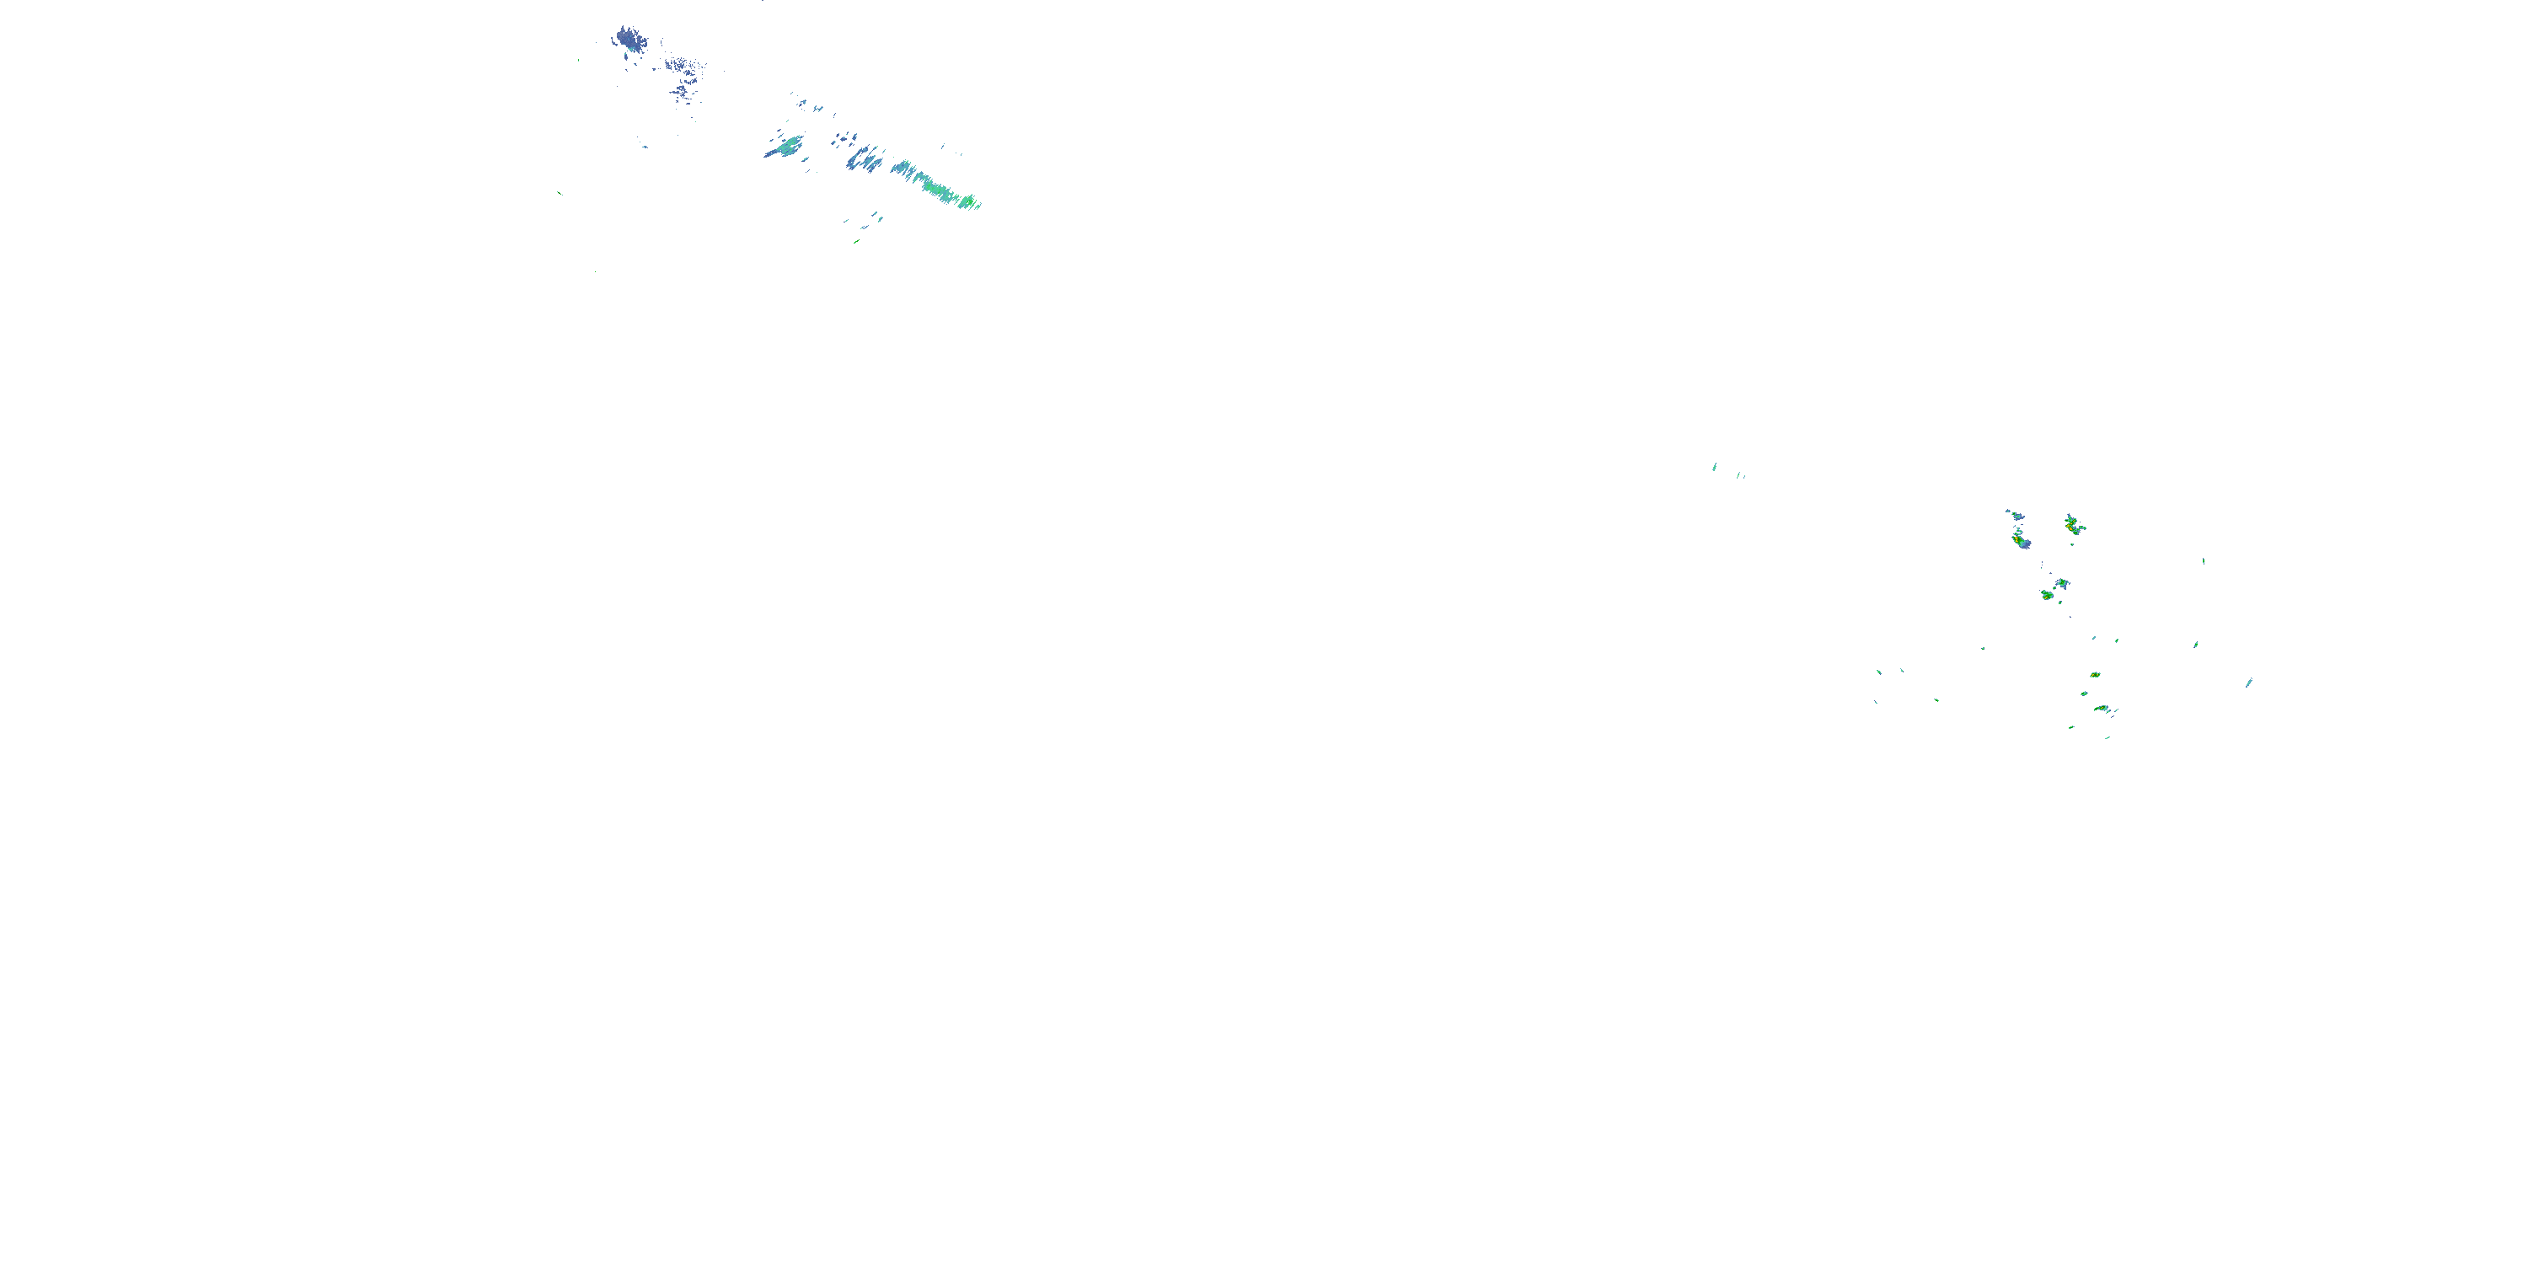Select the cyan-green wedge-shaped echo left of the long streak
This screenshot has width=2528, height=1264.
tap(785, 147)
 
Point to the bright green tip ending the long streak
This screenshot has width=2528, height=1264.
tap(972, 203)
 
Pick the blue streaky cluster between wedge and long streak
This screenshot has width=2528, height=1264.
tap(865, 157)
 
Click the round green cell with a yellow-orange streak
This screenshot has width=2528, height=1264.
tap(2047, 595)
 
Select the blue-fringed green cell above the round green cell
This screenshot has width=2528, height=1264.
tap(2062, 584)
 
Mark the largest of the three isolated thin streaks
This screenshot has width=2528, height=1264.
tap(1715, 466)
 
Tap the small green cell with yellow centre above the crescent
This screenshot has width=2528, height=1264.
tap(2094, 675)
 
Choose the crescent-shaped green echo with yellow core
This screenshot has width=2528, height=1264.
tap(2102, 708)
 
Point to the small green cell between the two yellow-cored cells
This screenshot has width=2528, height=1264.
tap(2085, 694)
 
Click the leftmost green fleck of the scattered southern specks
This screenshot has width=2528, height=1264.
tap(1878, 672)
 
